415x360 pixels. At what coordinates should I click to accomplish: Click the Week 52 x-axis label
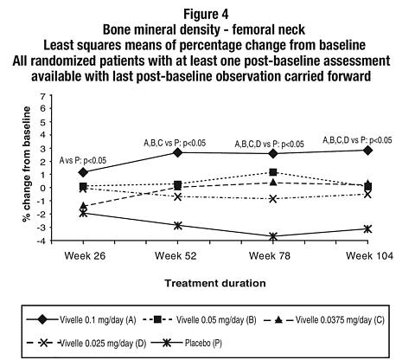(176, 256)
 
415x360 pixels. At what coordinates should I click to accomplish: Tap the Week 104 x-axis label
(369, 256)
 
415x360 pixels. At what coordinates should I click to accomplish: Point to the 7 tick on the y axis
(42, 97)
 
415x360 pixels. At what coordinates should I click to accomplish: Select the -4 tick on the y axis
(40, 241)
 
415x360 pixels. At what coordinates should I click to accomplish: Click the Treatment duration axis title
(215, 283)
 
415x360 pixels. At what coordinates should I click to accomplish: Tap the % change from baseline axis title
(27, 164)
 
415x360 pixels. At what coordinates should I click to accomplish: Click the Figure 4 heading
(207, 14)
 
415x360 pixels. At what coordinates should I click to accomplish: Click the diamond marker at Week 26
(83, 172)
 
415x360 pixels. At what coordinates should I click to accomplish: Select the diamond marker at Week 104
(367, 151)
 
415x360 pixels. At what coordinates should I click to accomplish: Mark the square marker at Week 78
(273, 172)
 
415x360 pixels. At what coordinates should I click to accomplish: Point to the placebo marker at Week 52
(178, 226)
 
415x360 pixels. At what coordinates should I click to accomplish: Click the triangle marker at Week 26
(83, 206)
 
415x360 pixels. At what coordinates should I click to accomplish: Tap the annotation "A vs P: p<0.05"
(83, 160)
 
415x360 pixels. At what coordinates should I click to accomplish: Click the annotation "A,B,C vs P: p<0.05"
(175, 143)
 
